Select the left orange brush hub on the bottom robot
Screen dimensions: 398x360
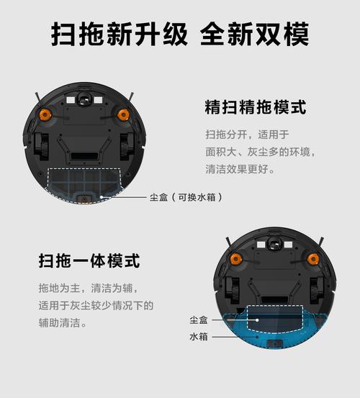235,258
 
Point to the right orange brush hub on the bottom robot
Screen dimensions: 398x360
313,258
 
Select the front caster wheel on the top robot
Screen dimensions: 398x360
84,97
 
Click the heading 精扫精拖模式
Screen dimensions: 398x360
256,108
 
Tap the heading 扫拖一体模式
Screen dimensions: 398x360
89,259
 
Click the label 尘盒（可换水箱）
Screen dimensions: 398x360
186,196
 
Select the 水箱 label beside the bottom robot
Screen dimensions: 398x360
199,337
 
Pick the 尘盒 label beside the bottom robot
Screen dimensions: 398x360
199,320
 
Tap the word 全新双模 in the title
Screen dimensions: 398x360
256,34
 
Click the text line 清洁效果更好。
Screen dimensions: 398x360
240,171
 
